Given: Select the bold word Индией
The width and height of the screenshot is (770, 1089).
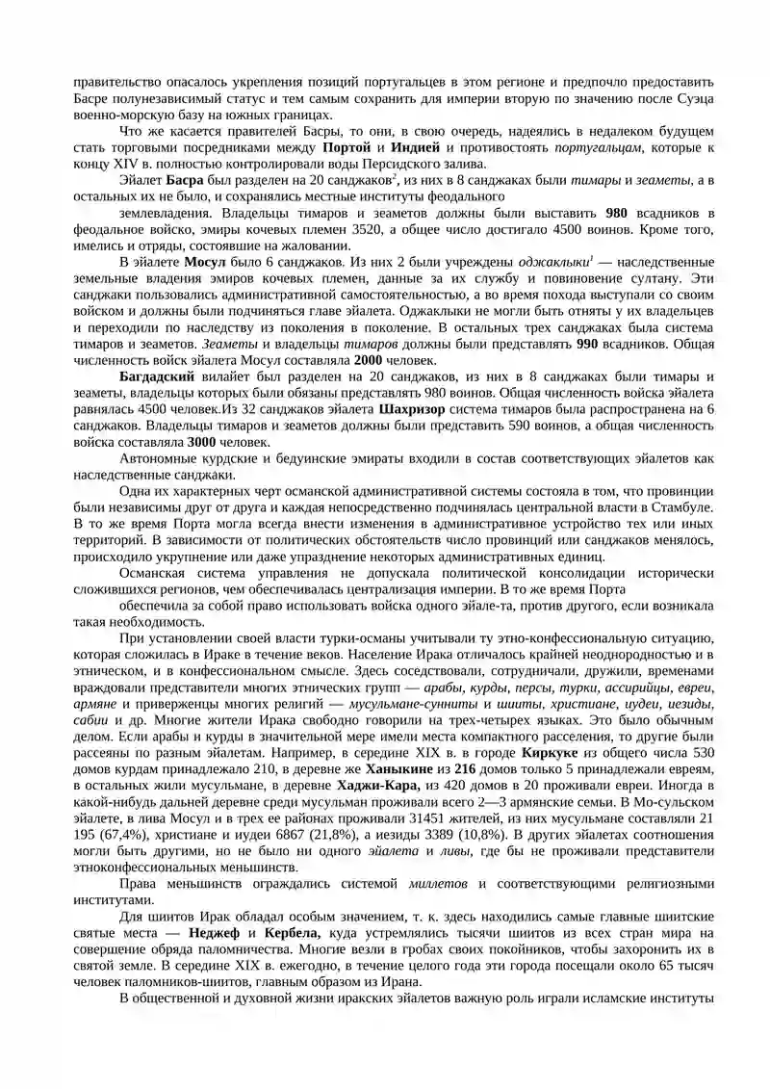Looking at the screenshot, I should [416, 147].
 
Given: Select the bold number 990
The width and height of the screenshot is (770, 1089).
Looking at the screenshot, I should [590, 342].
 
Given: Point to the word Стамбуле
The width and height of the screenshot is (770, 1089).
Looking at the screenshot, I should [685, 506].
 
